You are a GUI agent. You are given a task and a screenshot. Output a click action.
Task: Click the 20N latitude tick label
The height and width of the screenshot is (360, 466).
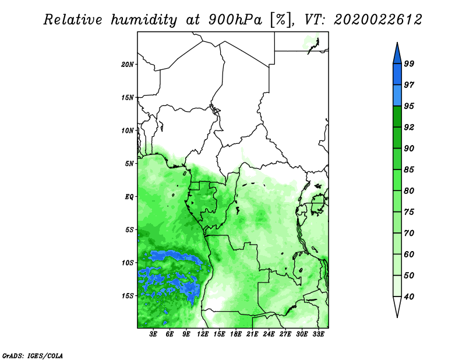(x=128, y=64)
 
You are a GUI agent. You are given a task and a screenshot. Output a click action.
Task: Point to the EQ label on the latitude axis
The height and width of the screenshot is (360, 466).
(x=129, y=196)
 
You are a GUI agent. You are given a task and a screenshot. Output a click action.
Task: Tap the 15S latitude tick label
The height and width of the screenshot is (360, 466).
(x=128, y=296)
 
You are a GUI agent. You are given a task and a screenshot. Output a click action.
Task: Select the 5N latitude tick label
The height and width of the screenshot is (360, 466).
(x=129, y=164)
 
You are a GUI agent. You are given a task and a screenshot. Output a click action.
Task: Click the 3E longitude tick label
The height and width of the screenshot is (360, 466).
(x=153, y=334)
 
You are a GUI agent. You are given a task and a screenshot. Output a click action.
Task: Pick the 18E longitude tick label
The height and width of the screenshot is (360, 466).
(x=236, y=334)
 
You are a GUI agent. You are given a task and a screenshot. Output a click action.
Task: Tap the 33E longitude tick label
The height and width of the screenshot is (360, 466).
(x=318, y=334)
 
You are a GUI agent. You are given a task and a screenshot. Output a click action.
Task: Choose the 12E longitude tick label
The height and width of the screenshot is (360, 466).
(x=203, y=334)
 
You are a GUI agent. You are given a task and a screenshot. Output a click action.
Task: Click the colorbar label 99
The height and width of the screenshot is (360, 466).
(x=409, y=63)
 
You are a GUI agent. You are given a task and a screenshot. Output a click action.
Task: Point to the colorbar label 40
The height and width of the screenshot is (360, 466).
(x=409, y=297)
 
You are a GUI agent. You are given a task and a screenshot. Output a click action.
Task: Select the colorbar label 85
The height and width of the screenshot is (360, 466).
(x=409, y=170)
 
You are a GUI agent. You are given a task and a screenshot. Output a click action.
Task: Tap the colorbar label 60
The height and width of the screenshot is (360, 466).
(x=409, y=254)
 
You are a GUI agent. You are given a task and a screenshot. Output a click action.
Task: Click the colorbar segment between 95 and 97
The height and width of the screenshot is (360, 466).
(x=397, y=96)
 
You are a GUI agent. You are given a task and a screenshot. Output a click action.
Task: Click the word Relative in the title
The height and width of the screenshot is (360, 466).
(x=73, y=20)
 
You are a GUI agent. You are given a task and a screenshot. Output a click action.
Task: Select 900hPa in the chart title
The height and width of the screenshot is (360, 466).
(x=235, y=20)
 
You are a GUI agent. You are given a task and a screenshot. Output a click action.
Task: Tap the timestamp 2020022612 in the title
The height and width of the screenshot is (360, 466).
(x=378, y=20)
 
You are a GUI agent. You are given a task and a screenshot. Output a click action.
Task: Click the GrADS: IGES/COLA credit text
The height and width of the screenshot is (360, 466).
(x=33, y=355)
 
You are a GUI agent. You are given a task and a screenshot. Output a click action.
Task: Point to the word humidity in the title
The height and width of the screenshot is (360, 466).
(x=144, y=20)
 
